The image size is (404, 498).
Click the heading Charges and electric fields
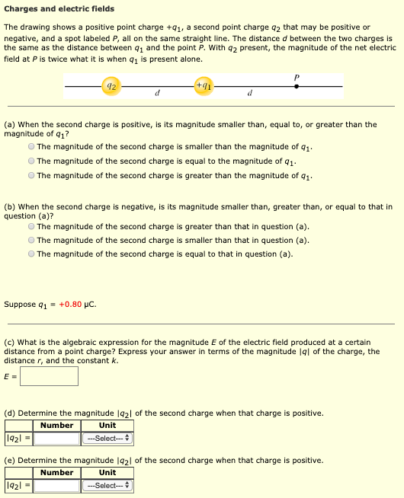(59, 9)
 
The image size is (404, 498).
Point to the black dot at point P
(297, 86)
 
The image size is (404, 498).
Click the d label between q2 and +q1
(156, 95)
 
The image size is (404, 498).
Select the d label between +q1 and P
(250, 95)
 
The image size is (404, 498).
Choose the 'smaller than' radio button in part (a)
(31, 147)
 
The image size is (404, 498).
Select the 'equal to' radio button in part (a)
(31, 161)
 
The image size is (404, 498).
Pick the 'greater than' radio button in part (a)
(31, 175)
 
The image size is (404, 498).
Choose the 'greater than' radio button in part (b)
(31, 226)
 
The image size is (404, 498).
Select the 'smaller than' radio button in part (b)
(31, 240)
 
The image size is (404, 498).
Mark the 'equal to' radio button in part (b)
(31, 254)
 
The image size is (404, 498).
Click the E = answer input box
(49, 375)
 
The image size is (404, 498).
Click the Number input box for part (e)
(56, 485)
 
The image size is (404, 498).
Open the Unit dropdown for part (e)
(107, 485)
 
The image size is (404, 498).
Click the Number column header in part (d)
(56, 426)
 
